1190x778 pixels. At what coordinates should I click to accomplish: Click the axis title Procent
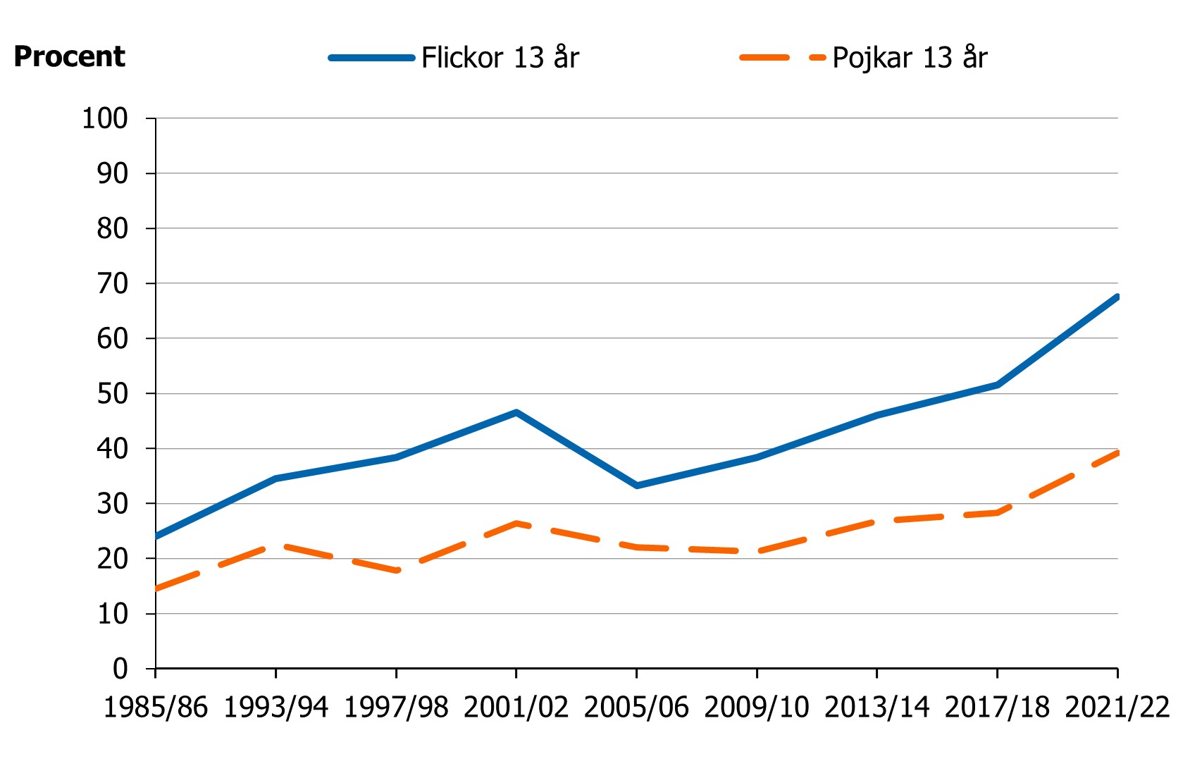[x=69, y=57]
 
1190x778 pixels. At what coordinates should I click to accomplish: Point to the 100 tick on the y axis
[x=105, y=118]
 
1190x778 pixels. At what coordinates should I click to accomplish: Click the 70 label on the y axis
[x=112, y=283]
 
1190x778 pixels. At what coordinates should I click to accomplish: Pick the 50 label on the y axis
[x=112, y=393]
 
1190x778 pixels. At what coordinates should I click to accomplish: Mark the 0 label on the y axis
[x=120, y=668]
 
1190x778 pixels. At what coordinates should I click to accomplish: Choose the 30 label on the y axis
[x=112, y=503]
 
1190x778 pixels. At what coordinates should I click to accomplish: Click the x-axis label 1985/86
[x=156, y=707]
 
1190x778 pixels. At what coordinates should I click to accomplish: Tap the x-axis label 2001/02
[x=516, y=707]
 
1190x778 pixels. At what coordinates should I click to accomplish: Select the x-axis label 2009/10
[x=757, y=707]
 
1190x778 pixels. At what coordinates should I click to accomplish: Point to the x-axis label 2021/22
[x=1117, y=707]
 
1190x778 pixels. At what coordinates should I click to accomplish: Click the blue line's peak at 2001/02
[x=516, y=412]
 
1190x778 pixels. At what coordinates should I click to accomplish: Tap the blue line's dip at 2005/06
[x=637, y=486]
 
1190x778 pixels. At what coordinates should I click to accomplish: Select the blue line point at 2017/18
[x=998, y=384]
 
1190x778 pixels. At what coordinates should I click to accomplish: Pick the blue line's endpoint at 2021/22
[x=1117, y=297]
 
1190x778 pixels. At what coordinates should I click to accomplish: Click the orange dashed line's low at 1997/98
[x=397, y=570]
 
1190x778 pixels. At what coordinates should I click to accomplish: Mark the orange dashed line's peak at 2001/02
[x=516, y=523]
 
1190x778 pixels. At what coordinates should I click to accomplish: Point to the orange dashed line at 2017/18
[x=998, y=512]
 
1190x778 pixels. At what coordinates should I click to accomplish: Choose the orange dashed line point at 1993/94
[x=276, y=545]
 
